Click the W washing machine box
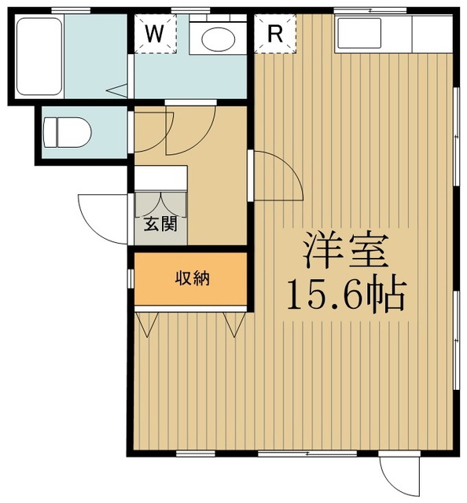[x=155, y=34]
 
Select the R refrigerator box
[x=274, y=34]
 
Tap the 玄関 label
[x=160, y=224]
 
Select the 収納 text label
[x=191, y=277]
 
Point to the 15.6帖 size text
[x=344, y=294]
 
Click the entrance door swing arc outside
[x=101, y=216]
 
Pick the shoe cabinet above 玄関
[x=160, y=178]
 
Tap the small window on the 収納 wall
[x=131, y=278]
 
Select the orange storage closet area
[x=190, y=279]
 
